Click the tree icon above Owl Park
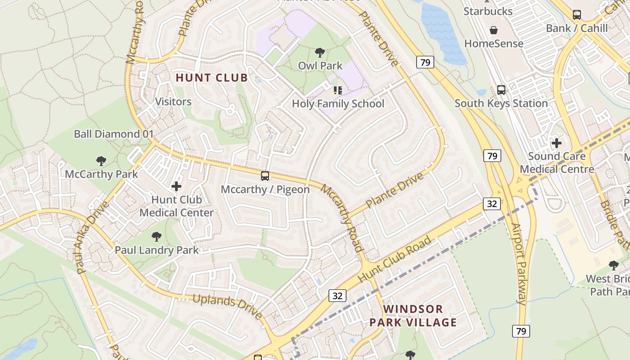320,53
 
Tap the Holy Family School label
338,104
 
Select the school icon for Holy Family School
337,90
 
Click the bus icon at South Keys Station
501,90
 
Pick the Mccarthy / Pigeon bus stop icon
265,175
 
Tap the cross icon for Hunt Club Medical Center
176,186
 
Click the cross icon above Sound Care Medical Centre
557,144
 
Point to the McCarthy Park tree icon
101,161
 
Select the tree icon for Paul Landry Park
156,236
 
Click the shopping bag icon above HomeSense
494,30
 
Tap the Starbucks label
488,11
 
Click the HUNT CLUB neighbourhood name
211,78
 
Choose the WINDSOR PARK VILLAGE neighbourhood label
413,315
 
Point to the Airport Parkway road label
519,264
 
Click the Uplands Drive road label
228,306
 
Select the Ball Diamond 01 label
113,134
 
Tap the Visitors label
173,102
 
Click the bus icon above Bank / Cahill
577,15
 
